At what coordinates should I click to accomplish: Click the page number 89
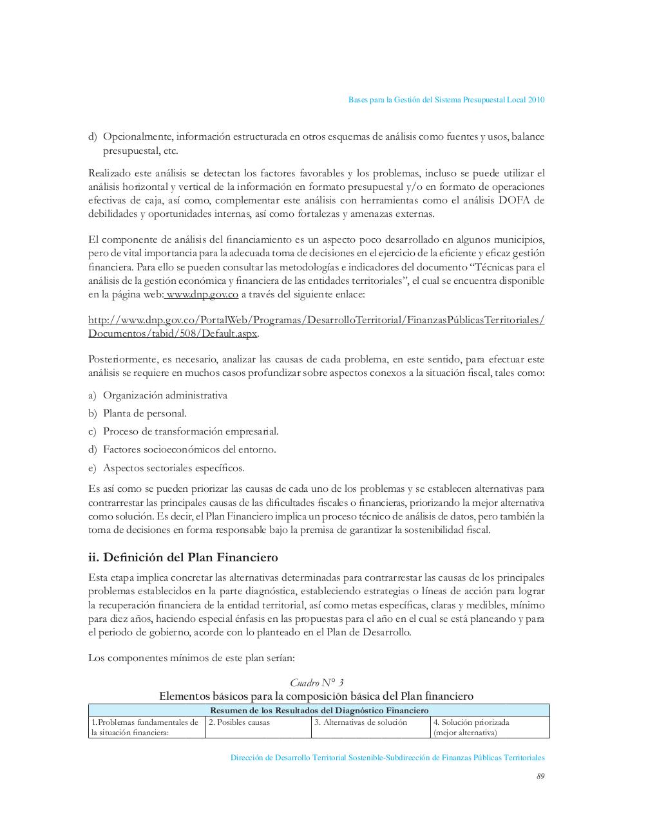pyautogui.click(x=540, y=776)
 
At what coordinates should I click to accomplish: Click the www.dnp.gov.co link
pyautogui.click(x=202, y=295)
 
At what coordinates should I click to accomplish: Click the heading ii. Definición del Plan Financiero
pyautogui.click(x=183, y=557)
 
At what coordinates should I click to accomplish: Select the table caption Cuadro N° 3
pyautogui.click(x=316, y=683)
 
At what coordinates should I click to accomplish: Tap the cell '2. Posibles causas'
pyautogui.click(x=239, y=722)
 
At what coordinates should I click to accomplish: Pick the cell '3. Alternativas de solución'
pyautogui.click(x=361, y=722)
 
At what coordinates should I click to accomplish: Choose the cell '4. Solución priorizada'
pyautogui.click(x=472, y=722)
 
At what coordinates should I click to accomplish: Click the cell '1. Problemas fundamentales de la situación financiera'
pyautogui.click(x=146, y=727)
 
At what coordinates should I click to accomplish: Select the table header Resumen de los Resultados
pyautogui.click(x=319, y=711)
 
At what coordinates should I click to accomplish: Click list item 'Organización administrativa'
pyautogui.click(x=165, y=395)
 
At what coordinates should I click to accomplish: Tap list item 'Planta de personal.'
pyautogui.click(x=145, y=413)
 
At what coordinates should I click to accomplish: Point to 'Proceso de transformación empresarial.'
pyautogui.click(x=191, y=431)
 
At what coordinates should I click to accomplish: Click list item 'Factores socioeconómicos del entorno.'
pyautogui.click(x=189, y=449)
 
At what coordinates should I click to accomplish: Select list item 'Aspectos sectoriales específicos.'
pyautogui.click(x=174, y=468)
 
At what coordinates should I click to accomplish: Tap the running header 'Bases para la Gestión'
pyautogui.click(x=446, y=100)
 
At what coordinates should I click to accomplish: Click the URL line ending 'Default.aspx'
pyautogui.click(x=173, y=333)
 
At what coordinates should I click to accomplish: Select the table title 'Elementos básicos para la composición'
pyautogui.click(x=316, y=696)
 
